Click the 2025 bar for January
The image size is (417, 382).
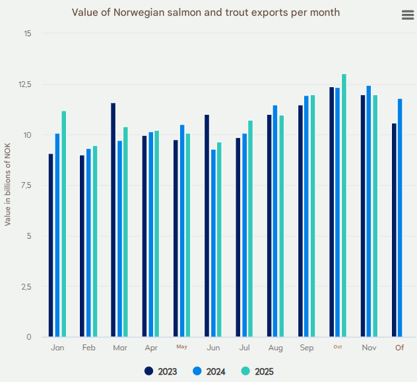point(64,224)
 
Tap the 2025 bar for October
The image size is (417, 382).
point(344,205)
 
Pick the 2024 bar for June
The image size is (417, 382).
point(213,243)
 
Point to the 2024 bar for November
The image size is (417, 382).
point(369,211)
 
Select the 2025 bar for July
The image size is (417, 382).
point(250,228)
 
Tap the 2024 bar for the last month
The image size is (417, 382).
point(400,218)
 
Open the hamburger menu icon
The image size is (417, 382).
point(408,16)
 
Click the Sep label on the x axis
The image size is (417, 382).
point(307,348)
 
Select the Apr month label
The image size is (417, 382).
point(151,348)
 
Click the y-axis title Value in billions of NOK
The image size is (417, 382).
point(8,185)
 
